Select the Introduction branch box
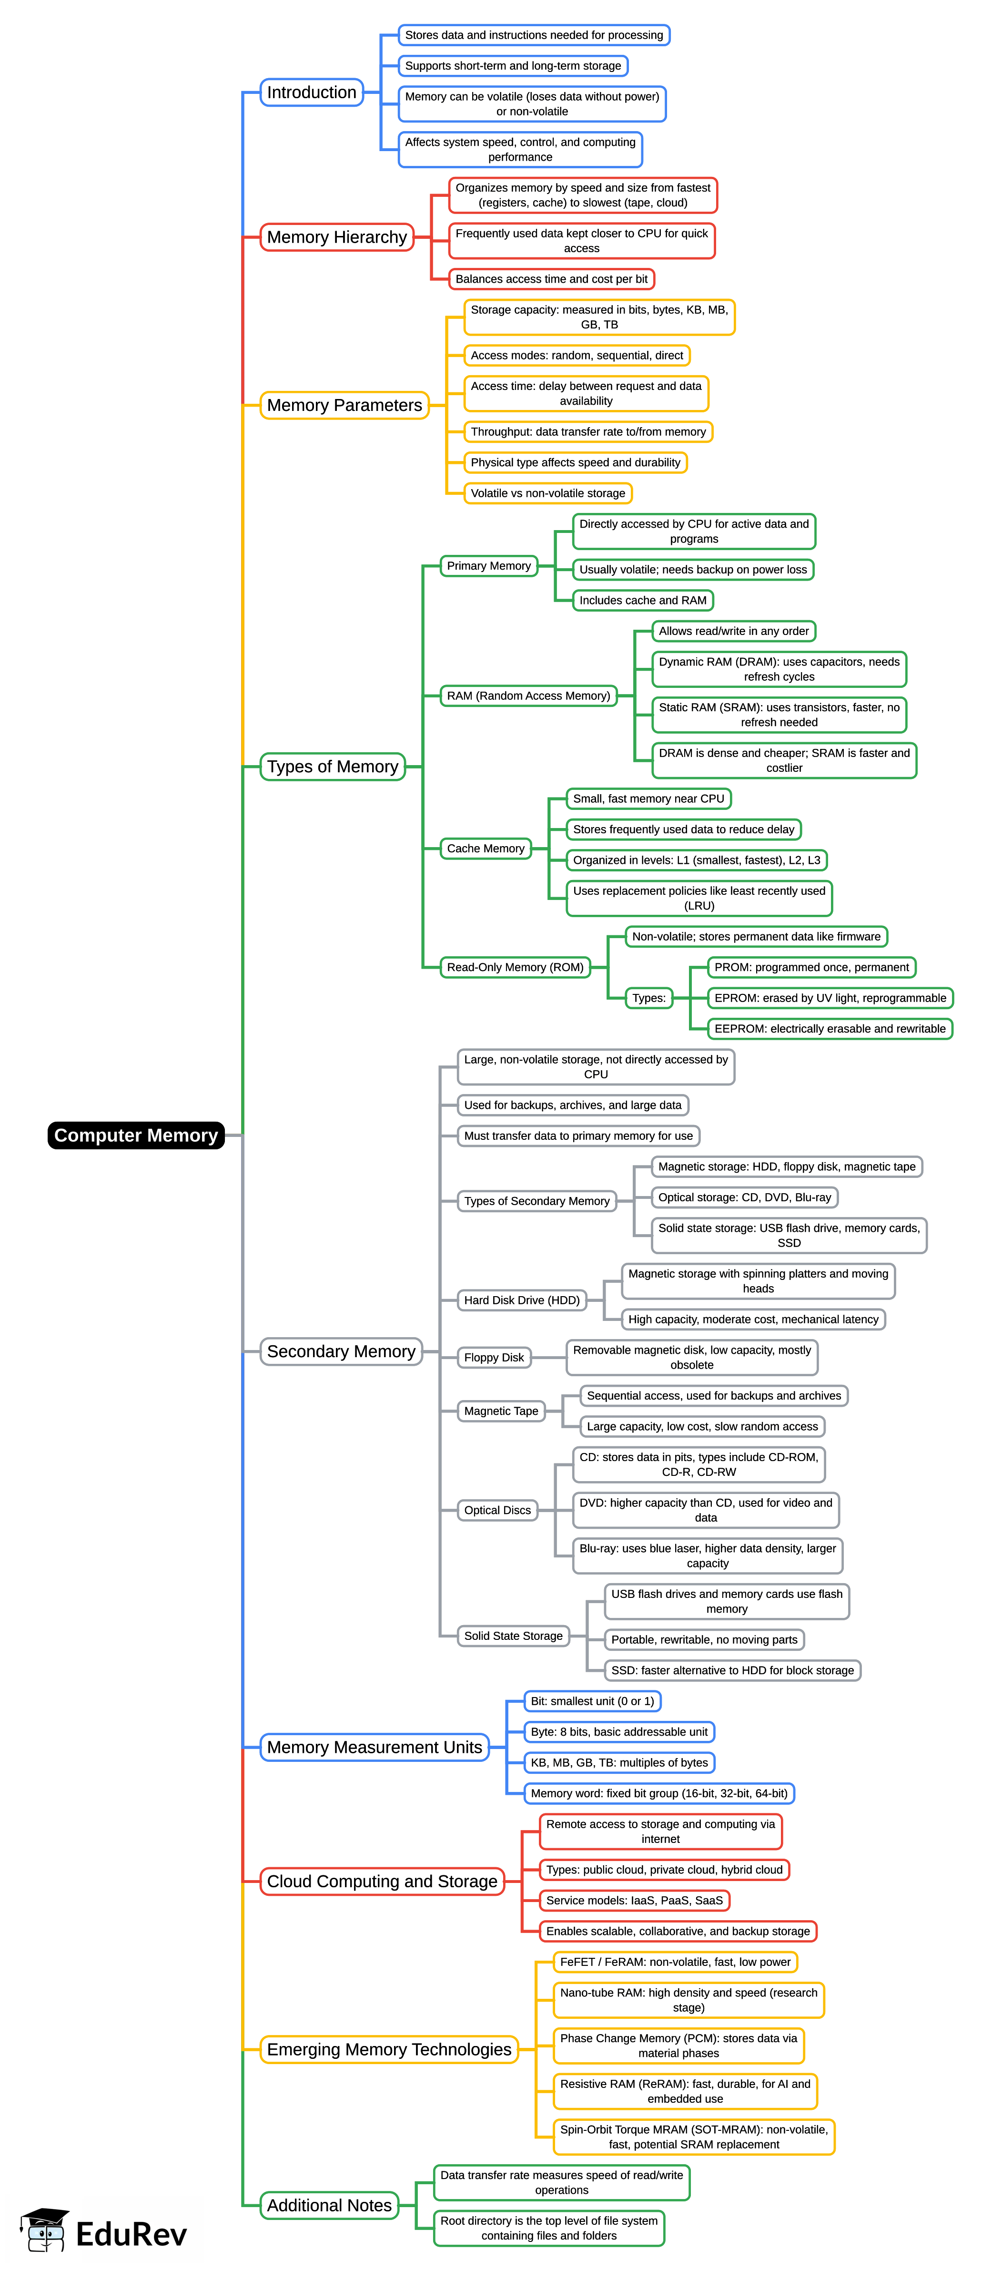click(x=311, y=92)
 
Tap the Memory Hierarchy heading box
click(x=337, y=237)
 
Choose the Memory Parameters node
click(x=344, y=406)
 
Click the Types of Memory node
click(x=332, y=767)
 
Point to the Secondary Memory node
click(x=341, y=1351)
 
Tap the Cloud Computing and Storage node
click(x=382, y=1882)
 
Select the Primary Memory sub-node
click(x=488, y=566)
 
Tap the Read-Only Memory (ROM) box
click(x=515, y=967)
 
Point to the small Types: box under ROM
click(x=648, y=998)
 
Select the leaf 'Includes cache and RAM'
click(x=642, y=600)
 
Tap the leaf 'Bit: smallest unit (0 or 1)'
click(x=592, y=1701)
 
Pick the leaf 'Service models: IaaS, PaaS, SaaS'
click(x=634, y=1901)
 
